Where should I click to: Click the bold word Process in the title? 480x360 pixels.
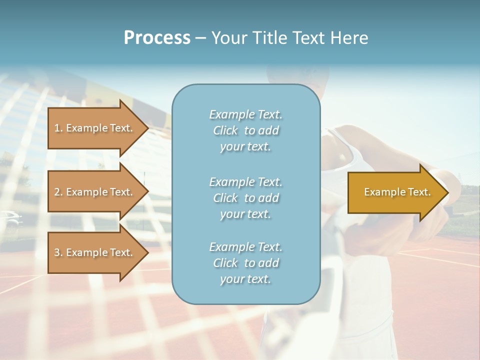157,38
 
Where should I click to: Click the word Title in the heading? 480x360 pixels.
270,38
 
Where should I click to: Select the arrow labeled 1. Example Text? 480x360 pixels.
94,128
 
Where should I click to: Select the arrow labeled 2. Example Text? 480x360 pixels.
94,192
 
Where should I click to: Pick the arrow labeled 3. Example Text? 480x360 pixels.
94,252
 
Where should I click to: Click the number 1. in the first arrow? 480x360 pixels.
58,128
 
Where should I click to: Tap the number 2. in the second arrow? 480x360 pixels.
58,192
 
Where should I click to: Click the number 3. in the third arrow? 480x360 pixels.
58,252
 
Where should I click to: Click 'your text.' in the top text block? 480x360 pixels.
245,147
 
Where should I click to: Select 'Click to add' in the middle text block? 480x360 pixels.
246,198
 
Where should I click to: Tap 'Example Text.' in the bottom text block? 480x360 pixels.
246,247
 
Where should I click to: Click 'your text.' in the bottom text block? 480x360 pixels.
245,279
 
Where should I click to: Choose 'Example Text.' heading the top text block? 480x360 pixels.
246,114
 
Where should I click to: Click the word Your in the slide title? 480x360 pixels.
228,38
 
